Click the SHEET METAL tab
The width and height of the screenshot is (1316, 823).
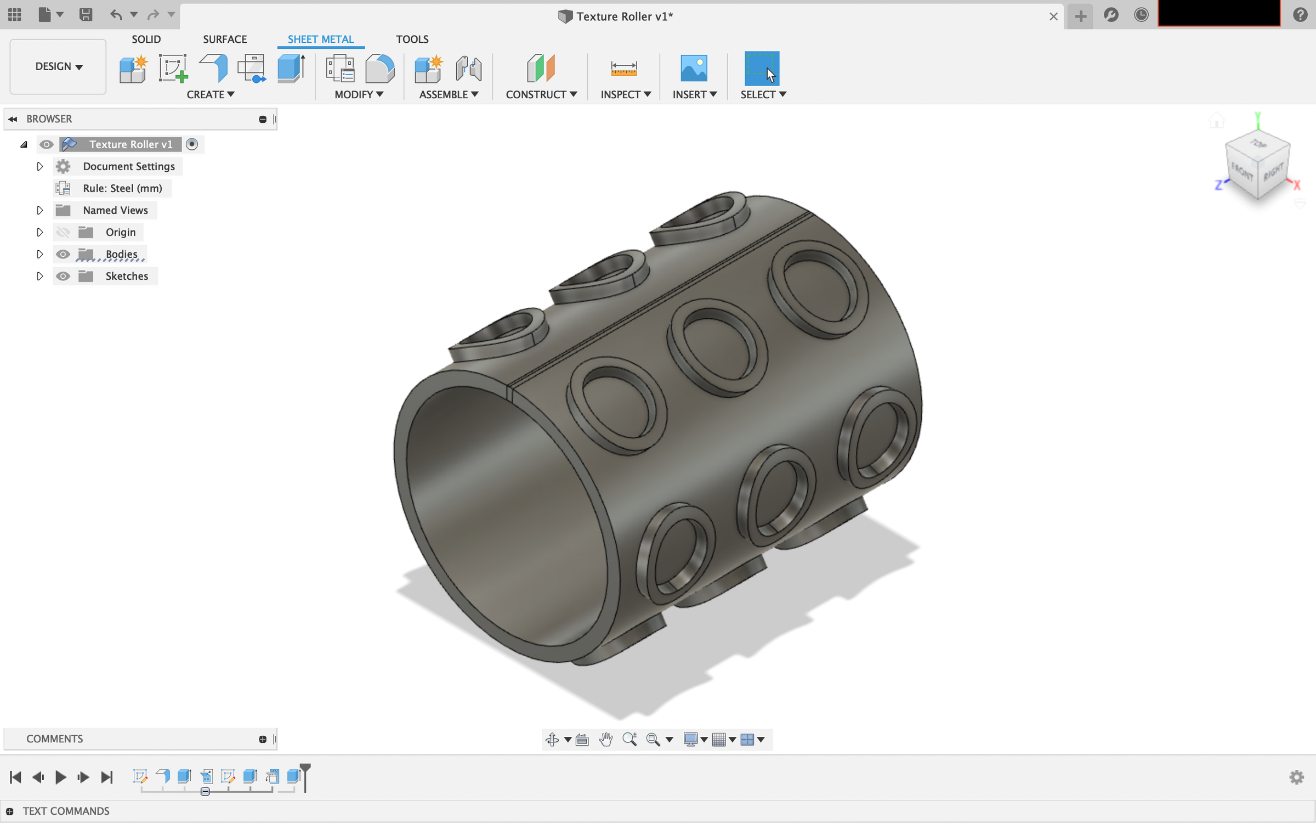[x=321, y=40]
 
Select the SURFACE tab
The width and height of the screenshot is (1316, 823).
[x=225, y=40]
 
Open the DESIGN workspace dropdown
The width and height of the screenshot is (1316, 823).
[x=58, y=66]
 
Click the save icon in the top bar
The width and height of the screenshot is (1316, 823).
[x=86, y=15]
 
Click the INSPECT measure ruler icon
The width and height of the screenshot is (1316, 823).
[x=623, y=69]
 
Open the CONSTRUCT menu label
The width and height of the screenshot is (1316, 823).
[x=541, y=94]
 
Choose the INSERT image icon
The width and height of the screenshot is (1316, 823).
[x=693, y=69]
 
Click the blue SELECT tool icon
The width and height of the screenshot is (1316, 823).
[x=761, y=69]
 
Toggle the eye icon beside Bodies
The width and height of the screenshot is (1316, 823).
[x=63, y=254]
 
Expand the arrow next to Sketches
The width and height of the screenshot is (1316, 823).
[x=39, y=276]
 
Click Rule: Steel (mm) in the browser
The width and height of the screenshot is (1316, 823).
[x=122, y=188]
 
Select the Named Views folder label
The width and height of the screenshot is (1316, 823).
[x=115, y=210]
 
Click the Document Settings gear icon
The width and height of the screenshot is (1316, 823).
[x=63, y=166]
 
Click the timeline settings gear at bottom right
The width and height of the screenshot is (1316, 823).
[x=1296, y=777]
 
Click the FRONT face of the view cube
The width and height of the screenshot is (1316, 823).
[x=1242, y=174]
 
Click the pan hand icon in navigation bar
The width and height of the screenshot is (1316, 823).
[x=605, y=740]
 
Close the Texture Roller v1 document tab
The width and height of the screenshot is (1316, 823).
[x=1053, y=16]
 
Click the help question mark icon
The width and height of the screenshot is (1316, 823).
[x=1300, y=15]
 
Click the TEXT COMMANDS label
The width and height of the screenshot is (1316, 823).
[x=66, y=811]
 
